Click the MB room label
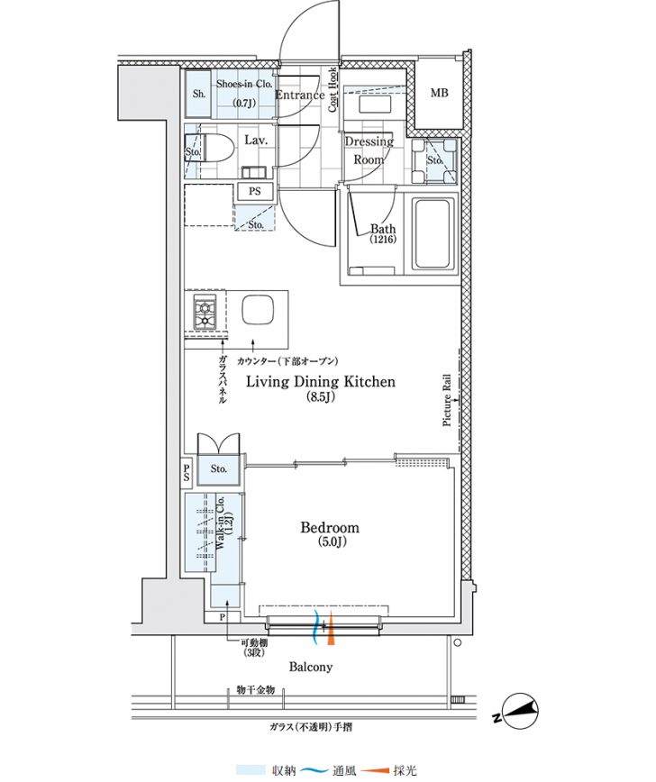pos(439,93)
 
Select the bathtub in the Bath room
pos(433,233)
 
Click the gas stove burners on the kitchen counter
pos(205,313)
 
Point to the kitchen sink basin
pos(258,311)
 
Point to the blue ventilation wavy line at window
pos(315,627)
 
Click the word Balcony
pos(311,667)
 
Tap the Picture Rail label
pos(446,400)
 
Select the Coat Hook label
pos(333,90)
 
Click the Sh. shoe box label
pos(199,94)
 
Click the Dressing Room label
pos(369,150)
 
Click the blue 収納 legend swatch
pos(251,770)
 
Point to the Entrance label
pos(300,95)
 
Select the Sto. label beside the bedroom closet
pos(218,468)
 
